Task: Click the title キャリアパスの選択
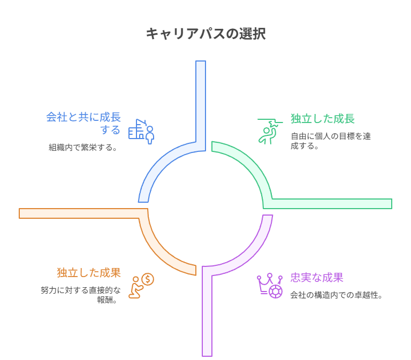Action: [205, 34]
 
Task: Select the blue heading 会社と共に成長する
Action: [83, 123]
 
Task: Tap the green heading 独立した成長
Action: [322, 119]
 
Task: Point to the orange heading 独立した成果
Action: [89, 273]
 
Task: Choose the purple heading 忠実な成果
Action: [316, 278]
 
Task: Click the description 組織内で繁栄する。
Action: [83, 147]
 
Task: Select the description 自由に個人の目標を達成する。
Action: [330, 140]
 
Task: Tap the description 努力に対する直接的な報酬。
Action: [81, 295]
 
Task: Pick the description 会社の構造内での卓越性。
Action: [336, 295]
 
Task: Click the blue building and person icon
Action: [141, 131]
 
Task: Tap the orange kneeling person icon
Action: [141, 286]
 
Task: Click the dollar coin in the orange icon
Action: [148, 279]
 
